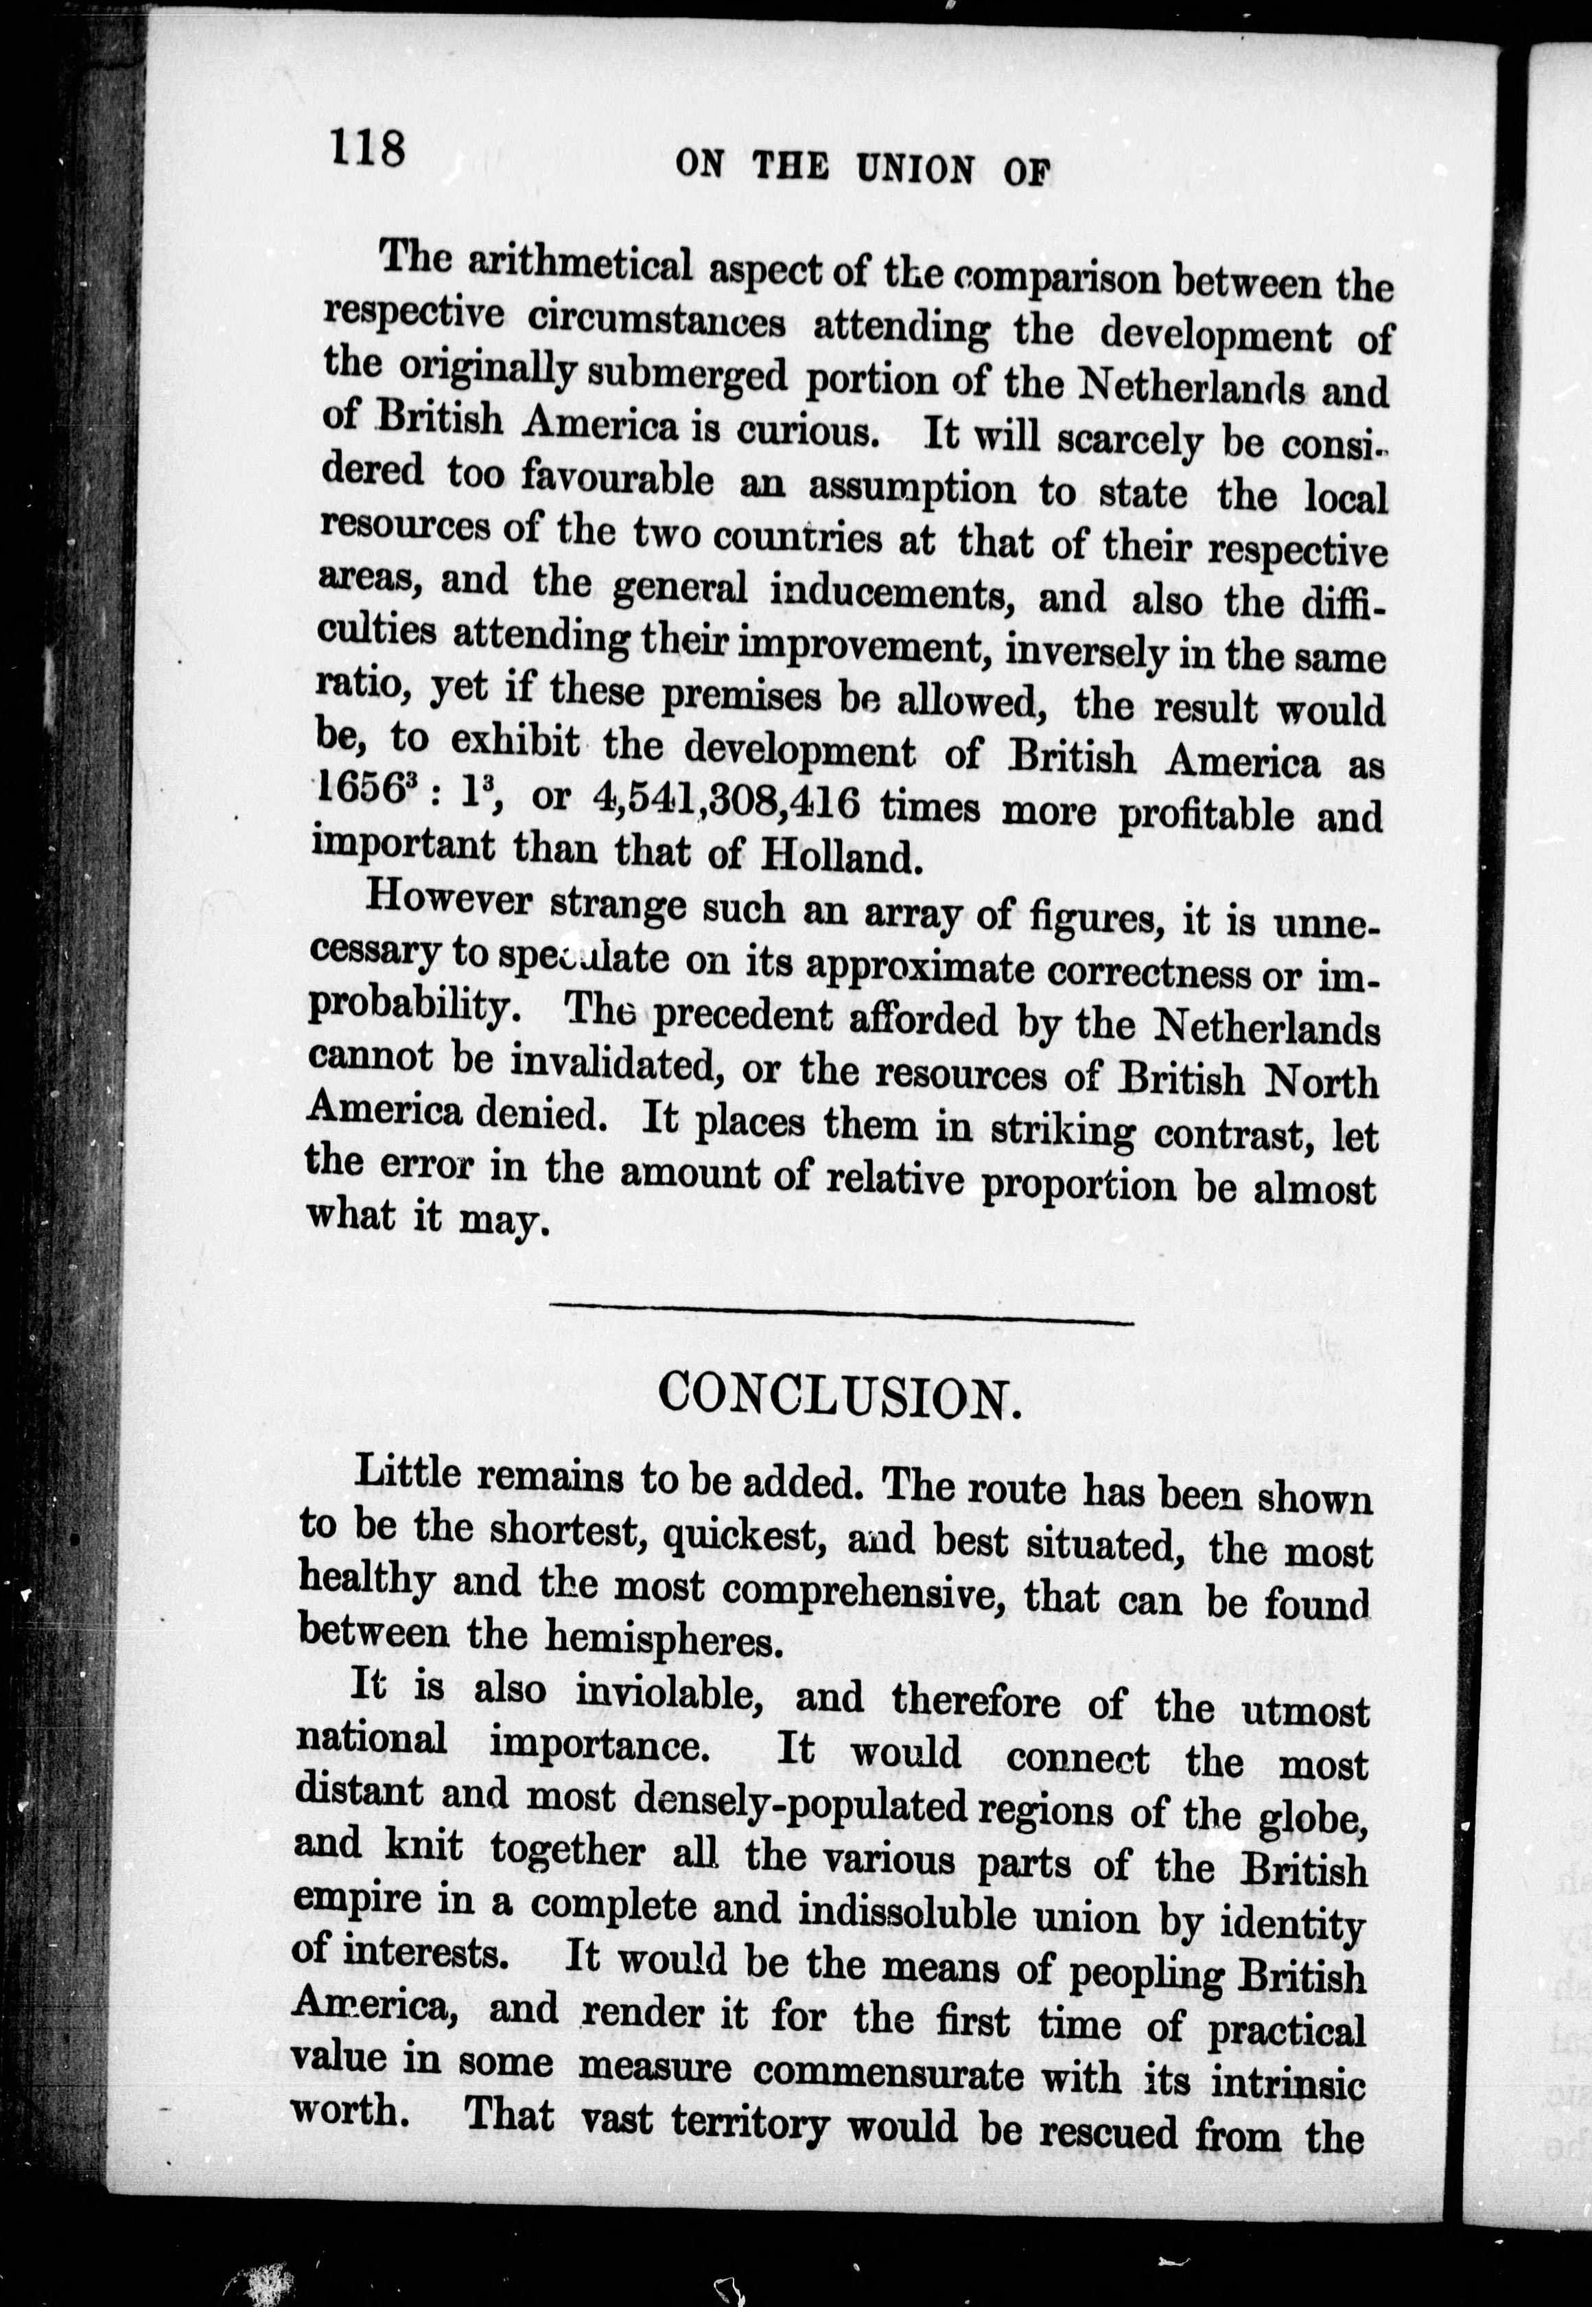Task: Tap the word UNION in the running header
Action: [x=915, y=170]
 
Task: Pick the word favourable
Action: [x=618, y=479]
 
